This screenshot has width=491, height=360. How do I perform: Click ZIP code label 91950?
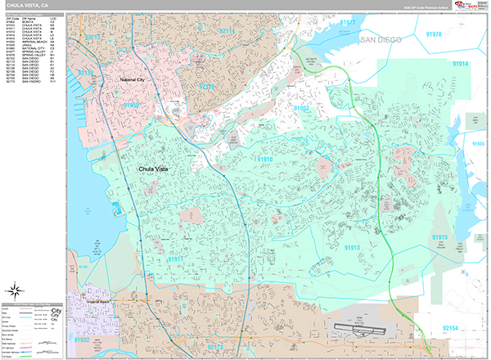131,106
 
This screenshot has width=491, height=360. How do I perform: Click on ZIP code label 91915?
440,237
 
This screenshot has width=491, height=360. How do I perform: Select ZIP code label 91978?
434,34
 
